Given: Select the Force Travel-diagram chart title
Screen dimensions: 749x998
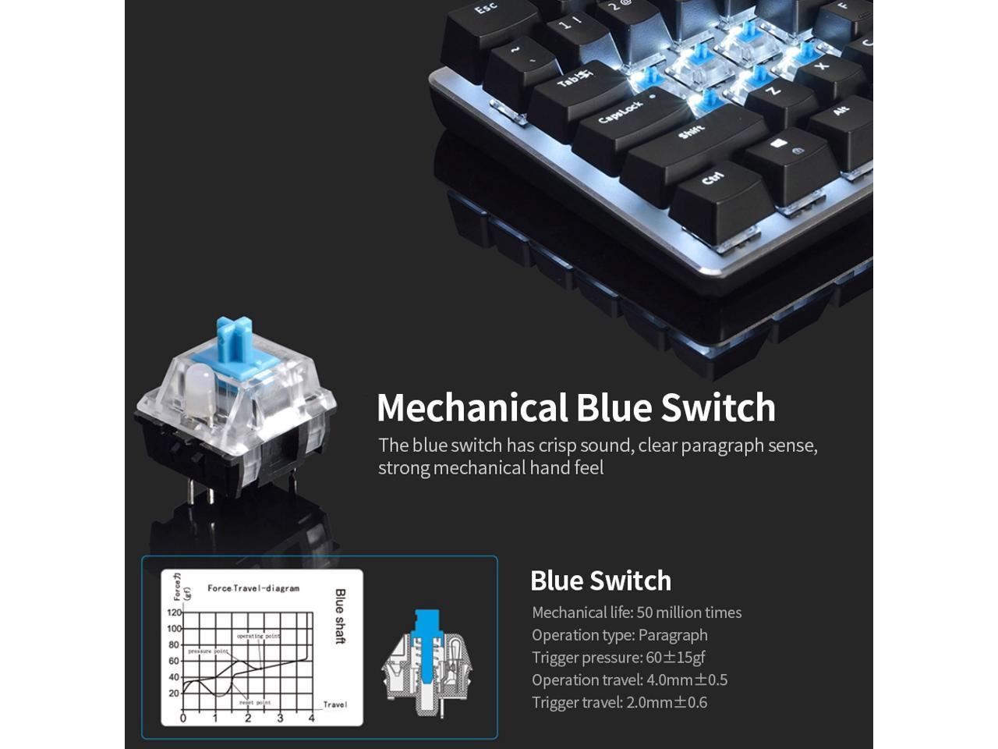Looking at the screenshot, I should point(253,588).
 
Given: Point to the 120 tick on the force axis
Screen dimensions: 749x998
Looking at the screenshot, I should point(173,612).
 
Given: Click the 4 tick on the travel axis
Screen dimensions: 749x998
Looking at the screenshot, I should point(312,719).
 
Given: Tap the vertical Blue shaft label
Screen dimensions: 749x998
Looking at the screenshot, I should point(340,616).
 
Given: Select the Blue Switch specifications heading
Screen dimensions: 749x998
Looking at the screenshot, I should point(600,580).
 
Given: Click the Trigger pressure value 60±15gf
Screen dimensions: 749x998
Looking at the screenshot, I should point(675,658).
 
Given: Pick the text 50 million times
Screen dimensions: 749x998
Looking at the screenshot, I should point(689,612).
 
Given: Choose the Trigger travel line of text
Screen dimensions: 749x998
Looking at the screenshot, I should point(619,702).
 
